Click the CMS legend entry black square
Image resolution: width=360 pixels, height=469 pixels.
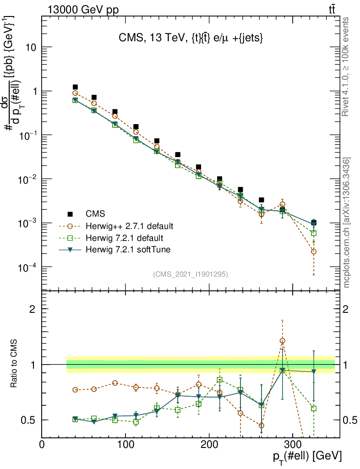[70, 214]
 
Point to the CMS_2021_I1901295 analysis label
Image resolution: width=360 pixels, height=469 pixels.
[191, 274]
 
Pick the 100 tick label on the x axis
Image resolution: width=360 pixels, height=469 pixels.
[125, 444]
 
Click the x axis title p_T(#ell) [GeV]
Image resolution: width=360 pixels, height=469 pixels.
[306, 457]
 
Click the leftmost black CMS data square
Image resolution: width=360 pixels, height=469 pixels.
[75, 87]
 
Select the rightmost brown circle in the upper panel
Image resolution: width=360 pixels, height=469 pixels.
[314, 251]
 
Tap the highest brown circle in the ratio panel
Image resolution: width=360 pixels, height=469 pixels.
[283, 341]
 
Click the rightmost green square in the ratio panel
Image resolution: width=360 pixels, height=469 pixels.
[314, 408]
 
